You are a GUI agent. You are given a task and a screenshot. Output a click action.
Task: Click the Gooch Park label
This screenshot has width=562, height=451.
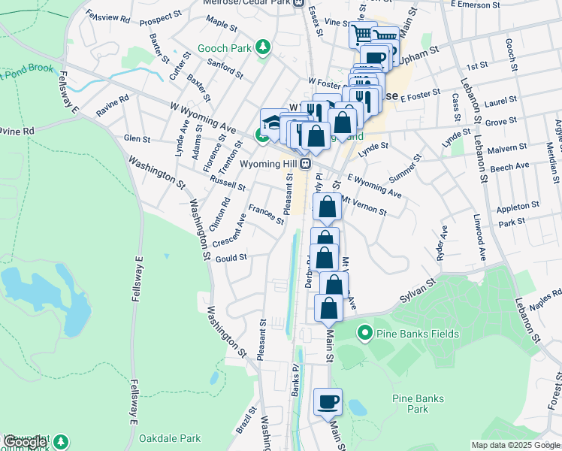224,49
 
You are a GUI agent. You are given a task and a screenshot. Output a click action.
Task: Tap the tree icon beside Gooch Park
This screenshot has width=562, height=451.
262,49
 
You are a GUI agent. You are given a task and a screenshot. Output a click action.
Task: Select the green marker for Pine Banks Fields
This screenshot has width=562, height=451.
364,331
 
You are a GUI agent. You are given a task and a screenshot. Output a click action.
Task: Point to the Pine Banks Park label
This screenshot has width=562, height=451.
417,404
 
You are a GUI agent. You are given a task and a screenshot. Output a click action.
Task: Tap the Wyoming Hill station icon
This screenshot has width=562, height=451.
305,163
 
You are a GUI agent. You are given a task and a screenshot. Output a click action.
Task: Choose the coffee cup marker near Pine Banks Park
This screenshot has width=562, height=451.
328,401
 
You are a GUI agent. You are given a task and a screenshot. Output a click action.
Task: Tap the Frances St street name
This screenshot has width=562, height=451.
266,215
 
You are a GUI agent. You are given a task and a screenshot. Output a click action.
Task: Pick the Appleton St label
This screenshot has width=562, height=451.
518,204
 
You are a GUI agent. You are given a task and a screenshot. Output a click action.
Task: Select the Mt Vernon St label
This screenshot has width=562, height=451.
364,207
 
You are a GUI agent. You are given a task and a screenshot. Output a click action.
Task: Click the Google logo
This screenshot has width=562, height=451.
25,442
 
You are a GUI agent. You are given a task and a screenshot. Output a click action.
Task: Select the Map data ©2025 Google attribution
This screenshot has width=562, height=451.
515,445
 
